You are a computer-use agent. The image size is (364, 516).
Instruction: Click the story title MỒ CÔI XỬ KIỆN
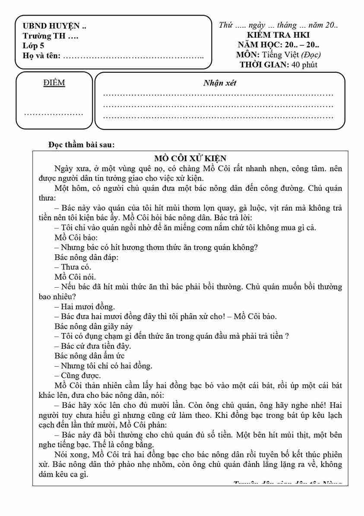click(x=190, y=158)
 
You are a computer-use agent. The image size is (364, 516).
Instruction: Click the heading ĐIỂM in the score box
click(x=54, y=83)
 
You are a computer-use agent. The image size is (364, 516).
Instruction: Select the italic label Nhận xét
click(x=219, y=83)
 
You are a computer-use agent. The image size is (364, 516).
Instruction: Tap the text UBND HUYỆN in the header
click(x=54, y=26)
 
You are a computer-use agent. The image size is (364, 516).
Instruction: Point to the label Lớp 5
click(x=34, y=45)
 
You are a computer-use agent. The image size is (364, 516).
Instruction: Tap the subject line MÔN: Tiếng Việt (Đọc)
click(x=278, y=55)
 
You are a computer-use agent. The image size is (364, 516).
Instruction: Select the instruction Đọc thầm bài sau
click(x=82, y=144)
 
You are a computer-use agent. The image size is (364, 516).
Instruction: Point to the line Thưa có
click(x=73, y=267)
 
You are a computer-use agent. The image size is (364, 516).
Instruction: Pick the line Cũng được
click(x=78, y=375)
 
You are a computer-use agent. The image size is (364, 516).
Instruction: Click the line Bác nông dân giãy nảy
click(x=94, y=326)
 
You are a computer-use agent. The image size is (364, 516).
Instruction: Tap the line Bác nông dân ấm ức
click(x=90, y=356)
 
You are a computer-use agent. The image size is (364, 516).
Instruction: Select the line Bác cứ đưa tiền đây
click(x=93, y=346)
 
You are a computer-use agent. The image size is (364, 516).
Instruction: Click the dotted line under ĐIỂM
click(x=54, y=113)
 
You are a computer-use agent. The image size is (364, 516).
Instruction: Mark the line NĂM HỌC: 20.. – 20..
click(x=278, y=45)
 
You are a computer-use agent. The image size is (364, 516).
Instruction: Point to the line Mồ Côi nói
click(x=75, y=277)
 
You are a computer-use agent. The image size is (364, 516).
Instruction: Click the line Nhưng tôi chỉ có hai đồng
click(x=104, y=366)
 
